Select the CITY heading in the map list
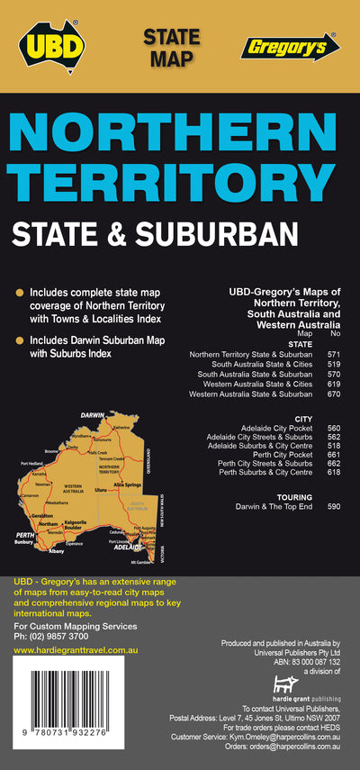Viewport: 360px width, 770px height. [x=303, y=418]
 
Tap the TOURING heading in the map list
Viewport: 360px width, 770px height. [x=296, y=496]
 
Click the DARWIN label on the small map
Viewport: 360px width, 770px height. [x=92, y=415]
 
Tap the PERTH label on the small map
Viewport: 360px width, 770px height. [x=26, y=535]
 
